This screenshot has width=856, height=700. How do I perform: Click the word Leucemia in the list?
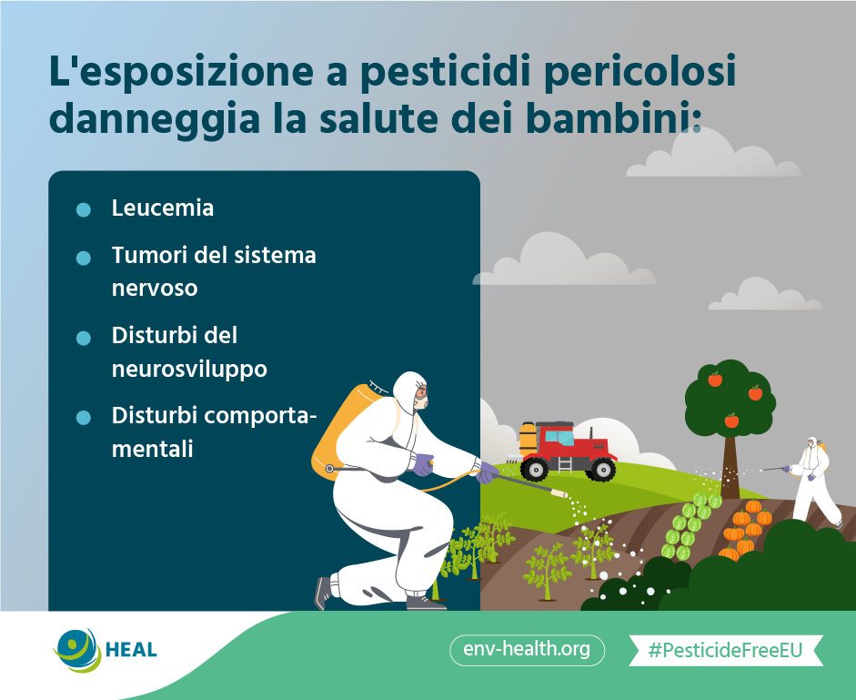[x=162, y=208]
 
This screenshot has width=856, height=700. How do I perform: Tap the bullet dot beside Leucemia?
[x=84, y=209]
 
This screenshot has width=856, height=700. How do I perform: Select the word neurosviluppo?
[x=189, y=370]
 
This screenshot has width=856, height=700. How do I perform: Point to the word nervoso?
[x=155, y=289]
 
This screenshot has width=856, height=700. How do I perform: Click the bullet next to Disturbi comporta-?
[x=84, y=418]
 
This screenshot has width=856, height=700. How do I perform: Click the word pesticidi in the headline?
[x=446, y=71]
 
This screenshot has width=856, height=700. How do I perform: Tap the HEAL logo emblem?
[x=77, y=650]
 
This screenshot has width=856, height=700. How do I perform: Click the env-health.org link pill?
[x=527, y=650]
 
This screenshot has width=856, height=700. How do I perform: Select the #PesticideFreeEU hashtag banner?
[x=726, y=650]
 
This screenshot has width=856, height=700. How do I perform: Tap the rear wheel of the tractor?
[x=534, y=469]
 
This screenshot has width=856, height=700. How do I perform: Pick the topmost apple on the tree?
[x=715, y=379]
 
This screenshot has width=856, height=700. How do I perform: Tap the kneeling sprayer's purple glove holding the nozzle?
[x=486, y=472]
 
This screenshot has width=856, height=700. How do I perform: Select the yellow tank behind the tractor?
[x=528, y=438]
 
